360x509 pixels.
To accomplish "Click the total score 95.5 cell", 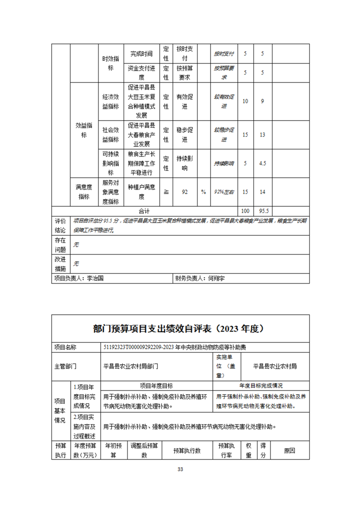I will (x=262, y=211).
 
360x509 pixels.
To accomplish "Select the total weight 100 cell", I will (x=245, y=211).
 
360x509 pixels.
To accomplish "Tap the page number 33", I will (x=180, y=469).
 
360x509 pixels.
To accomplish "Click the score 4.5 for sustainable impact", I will (x=262, y=163).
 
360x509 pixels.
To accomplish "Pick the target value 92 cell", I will (x=185, y=192).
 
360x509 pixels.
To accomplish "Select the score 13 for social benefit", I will (x=262, y=135).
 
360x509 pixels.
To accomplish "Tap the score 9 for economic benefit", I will (x=262, y=101).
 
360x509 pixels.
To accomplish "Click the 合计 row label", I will (x=144, y=211).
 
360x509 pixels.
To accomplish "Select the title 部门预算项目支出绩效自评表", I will (x=180, y=328).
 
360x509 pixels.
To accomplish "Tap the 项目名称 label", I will (x=65, y=347).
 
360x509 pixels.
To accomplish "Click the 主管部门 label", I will (x=65, y=366).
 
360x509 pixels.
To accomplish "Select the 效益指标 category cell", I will (x=84, y=130).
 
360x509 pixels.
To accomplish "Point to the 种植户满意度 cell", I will (x=142, y=192).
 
